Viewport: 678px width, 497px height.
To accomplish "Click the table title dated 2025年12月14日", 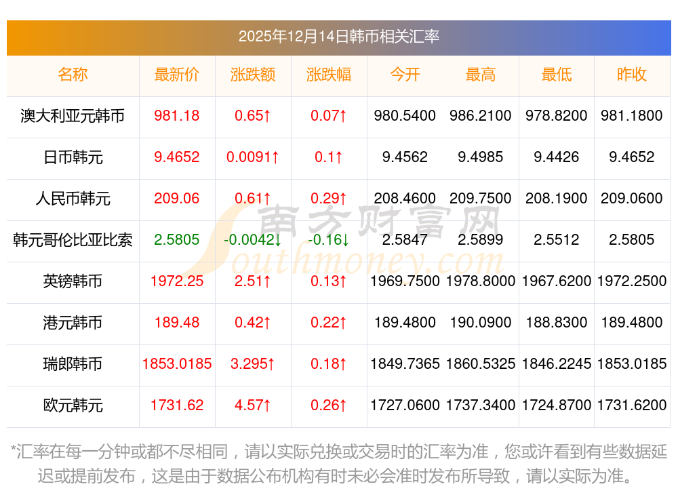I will [x=338, y=37].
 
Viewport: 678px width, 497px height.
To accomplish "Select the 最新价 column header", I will [x=177, y=75].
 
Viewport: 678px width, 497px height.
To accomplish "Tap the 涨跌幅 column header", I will [x=329, y=75].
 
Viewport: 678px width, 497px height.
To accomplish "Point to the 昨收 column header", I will [x=632, y=75].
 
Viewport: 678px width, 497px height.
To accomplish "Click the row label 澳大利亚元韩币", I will [x=73, y=116].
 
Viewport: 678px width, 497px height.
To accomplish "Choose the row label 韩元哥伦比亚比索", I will [x=73, y=240].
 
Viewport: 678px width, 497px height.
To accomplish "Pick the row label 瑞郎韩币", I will [x=73, y=364].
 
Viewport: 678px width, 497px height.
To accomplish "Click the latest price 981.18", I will [x=177, y=116].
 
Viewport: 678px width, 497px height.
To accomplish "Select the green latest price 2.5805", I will [x=177, y=240].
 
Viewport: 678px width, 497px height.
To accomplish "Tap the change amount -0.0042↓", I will [x=253, y=240].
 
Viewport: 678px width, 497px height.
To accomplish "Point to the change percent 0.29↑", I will [x=329, y=199].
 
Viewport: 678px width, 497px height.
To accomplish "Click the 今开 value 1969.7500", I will [x=405, y=281].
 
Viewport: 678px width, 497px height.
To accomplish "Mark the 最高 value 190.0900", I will [x=481, y=323].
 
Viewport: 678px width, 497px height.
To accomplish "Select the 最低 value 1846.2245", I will [x=557, y=364].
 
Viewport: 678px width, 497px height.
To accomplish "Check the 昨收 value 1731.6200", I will [x=632, y=405].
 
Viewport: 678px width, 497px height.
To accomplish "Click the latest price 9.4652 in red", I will [x=177, y=157].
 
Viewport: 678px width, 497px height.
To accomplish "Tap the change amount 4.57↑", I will [x=253, y=405].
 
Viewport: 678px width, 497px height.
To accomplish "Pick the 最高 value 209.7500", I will [x=481, y=199].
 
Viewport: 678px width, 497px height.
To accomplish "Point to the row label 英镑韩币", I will [x=73, y=281].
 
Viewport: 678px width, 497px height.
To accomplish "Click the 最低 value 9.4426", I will [x=557, y=157].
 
